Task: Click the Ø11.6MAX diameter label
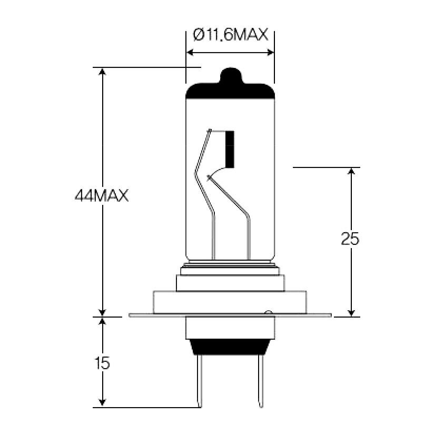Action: click(231, 35)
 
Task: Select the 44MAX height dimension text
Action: click(102, 196)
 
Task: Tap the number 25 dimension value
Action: click(350, 239)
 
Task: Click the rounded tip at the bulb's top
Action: click(231, 75)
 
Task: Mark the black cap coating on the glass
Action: click(231, 92)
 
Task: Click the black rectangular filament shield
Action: click(230, 147)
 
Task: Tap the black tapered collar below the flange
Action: click(230, 346)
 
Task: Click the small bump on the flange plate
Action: click(268, 313)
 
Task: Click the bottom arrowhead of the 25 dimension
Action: click(351, 312)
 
